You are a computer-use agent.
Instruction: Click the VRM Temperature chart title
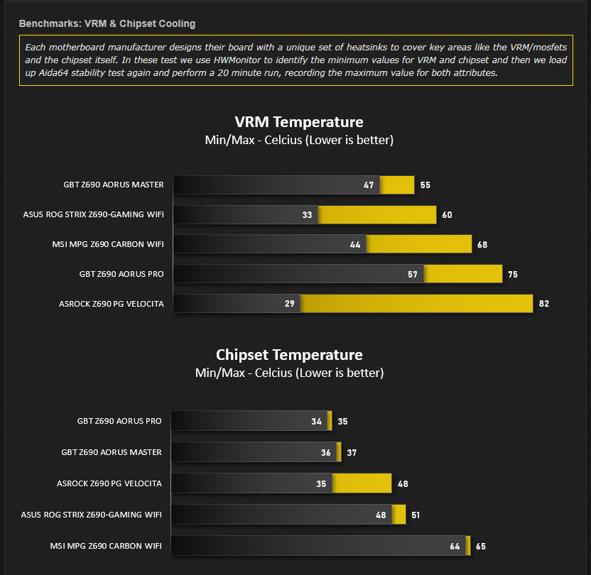299,122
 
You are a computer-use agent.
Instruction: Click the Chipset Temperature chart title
289,355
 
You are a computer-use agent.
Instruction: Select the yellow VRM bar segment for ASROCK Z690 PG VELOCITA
416,304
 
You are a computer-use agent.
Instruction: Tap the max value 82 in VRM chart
544,304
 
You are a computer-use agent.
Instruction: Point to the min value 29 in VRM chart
289,304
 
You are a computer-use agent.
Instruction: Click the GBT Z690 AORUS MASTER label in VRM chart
114,185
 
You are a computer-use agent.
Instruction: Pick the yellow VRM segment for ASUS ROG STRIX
377,215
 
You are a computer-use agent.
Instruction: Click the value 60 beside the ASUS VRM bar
447,215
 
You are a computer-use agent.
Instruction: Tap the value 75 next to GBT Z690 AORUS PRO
513,274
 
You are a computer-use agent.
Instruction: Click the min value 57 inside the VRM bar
413,274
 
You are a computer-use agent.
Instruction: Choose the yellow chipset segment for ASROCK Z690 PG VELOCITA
362,483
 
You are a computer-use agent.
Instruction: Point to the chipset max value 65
481,547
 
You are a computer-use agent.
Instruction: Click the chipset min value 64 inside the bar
455,547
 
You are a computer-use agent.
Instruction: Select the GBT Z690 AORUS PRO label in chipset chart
119,421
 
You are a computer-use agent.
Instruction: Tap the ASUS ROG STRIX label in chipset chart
92,515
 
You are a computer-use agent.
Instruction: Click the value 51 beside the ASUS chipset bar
416,515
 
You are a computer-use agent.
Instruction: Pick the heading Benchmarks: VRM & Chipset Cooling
107,23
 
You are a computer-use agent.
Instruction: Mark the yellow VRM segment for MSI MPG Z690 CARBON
419,245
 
